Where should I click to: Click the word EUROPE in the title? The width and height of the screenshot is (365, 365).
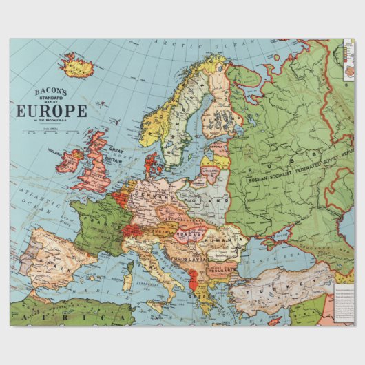coord(48,111)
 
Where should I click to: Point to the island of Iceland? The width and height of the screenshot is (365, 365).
coord(78,66)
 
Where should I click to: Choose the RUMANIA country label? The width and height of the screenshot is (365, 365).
coord(222,242)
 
